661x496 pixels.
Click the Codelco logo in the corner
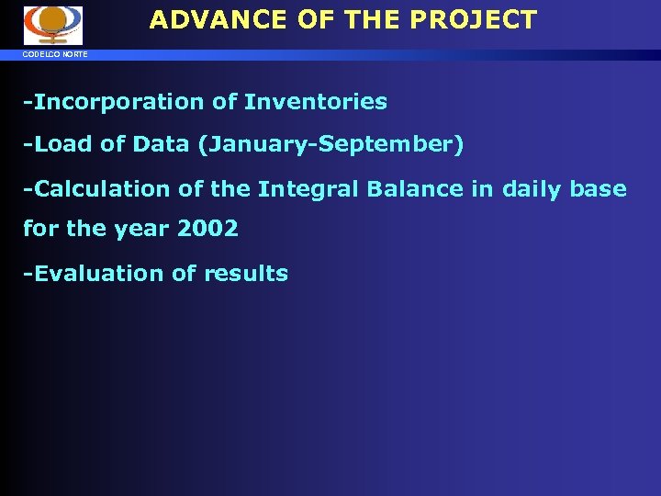click(x=52, y=25)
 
